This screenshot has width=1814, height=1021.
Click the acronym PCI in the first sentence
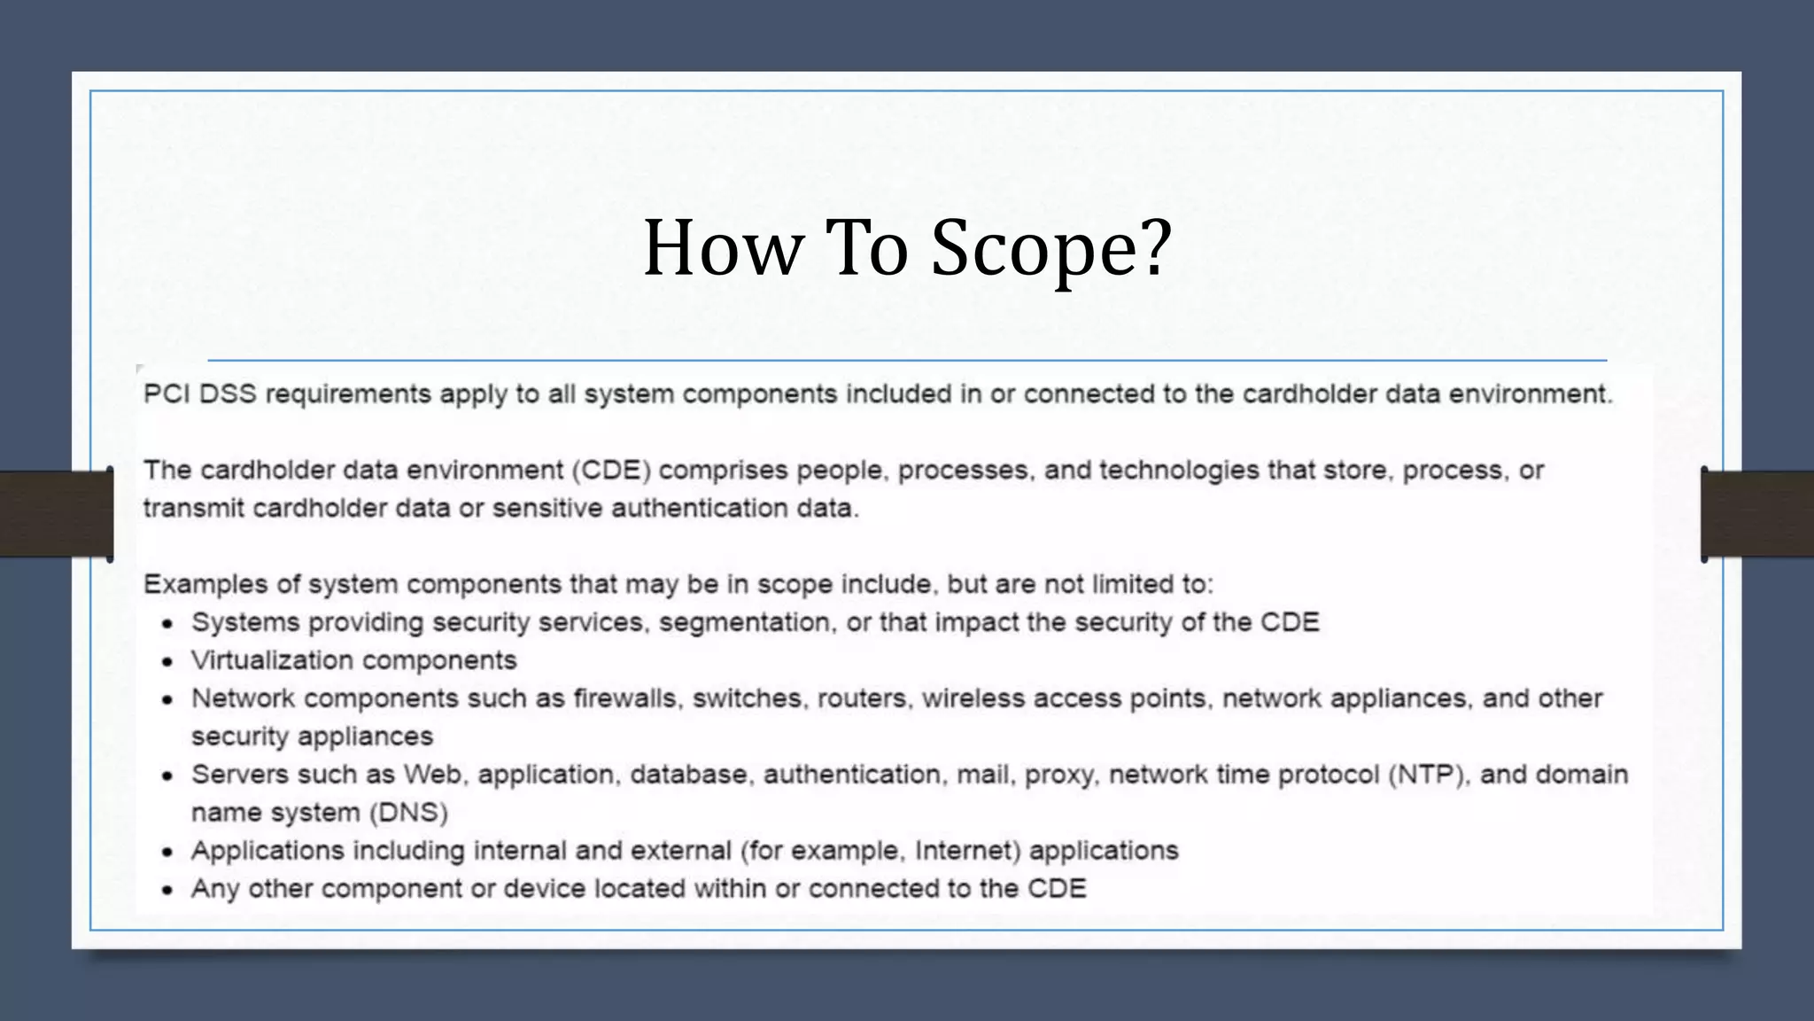(x=167, y=394)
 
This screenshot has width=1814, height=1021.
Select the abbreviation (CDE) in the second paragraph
(x=611, y=470)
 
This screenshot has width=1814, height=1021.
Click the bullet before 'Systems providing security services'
(x=167, y=624)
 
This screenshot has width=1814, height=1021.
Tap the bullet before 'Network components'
(x=167, y=700)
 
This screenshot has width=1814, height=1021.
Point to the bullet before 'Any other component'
(x=167, y=891)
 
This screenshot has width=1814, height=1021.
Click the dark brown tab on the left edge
(x=56, y=514)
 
